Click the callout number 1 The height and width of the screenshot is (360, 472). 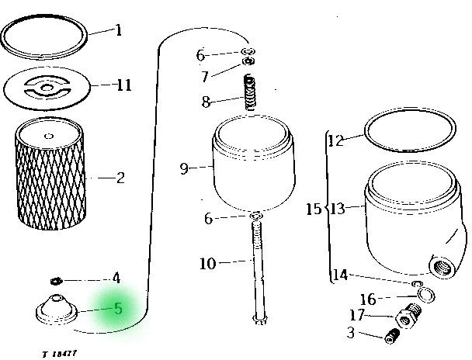(119, 31)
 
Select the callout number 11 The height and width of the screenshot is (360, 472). (124, 85)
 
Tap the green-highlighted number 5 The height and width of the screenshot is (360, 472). (118, 309)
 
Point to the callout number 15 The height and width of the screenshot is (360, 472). (314, 209)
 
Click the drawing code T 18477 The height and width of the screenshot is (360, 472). (60, 354)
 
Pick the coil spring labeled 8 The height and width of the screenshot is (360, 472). (250, 92)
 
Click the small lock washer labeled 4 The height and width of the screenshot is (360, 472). (56, 281)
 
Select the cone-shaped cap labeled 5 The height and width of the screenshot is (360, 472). (57, 310)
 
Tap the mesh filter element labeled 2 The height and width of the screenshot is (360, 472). (50, 173)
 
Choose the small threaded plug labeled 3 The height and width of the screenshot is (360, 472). (392, 336)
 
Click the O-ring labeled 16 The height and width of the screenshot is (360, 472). (425, 296)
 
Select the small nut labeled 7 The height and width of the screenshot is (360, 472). (249, 61)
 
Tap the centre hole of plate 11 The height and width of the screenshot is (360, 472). (47, 88)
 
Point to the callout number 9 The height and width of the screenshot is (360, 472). (184, 168)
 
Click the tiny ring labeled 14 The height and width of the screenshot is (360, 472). (417, 283)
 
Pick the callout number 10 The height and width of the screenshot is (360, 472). (208, 264)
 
